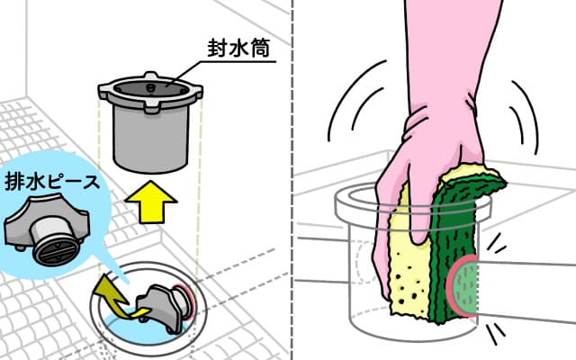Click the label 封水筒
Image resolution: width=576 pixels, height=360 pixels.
(x=238, y=48)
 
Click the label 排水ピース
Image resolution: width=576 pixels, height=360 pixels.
(x=52, y=182)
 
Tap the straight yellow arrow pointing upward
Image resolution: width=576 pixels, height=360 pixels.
(x=150, y=202)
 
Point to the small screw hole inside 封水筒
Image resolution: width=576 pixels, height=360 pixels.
(x=149, y=87)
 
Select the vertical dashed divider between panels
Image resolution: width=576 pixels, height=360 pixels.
(x=292, y=180)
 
